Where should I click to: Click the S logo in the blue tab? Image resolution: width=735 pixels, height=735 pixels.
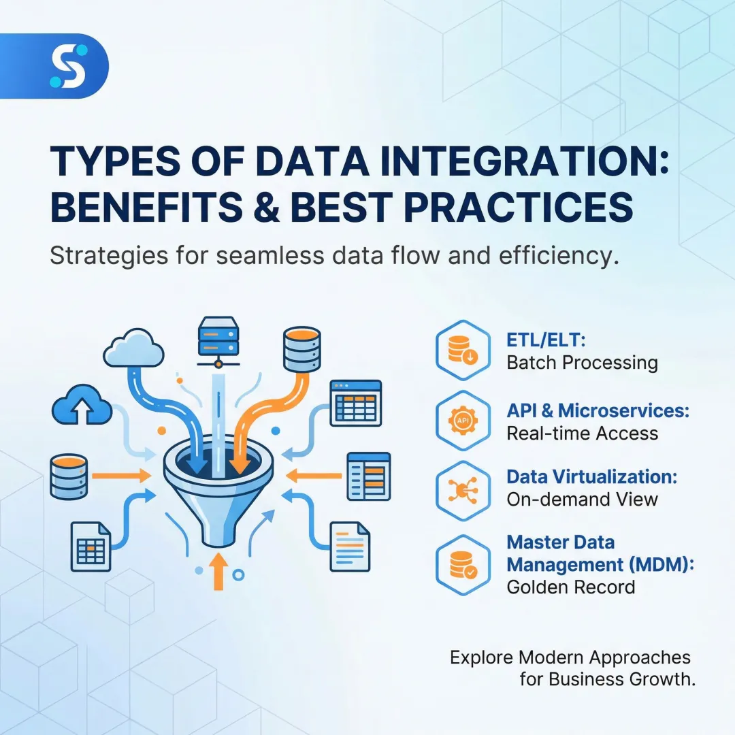pyautogui.click(x=68, y=66)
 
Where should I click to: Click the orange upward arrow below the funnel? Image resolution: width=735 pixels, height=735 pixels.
pyautogui.click(x=218, y=571)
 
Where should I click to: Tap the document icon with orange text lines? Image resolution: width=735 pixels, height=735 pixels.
pyautogui.click(x=350, y=546)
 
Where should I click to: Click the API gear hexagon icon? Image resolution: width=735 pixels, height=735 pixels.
pyautogui.click(x=463, y=422)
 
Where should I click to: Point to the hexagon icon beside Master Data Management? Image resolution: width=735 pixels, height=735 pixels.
pyautogui.click(x=463, y=565)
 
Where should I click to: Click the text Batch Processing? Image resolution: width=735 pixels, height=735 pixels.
pyautogui.click(x=582, y=363)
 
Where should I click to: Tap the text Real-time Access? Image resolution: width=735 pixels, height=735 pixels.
pyautogui.click(x=582, y=434)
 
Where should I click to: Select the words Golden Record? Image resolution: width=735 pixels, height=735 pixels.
pyautogui.click(x=570, y=587)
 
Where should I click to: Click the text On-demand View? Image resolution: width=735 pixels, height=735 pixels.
pyautogui.click(x=582, y=500)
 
